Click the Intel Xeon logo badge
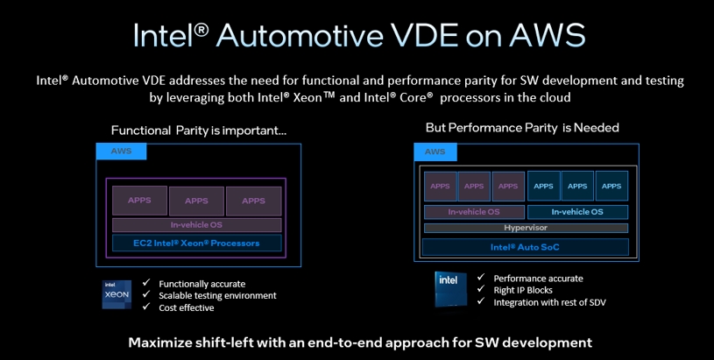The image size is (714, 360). [x=117, y=294]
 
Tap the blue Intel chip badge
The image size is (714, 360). [x=450, y=289]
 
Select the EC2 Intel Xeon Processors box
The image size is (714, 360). [x=197, y=243]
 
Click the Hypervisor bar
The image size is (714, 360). [x=526, y=228]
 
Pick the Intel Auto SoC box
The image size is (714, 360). [x=526, y=247]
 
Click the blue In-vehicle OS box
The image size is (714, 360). [x=577, y=212]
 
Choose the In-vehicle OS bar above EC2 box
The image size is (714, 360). [x=197, y=225]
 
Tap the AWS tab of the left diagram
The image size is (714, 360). [x=121, y=152]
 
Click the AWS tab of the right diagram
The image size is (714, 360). [x=435, y=152]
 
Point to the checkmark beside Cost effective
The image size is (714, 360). [x=146, y=307]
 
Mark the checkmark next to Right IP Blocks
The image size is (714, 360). [x=481, y=289]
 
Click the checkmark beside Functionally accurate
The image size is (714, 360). [x=146, y=283]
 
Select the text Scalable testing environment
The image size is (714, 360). [x=217, y=296]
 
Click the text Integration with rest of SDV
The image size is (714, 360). [x=549, y=302]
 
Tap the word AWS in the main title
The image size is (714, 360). [x=548, y=35]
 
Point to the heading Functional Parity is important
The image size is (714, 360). [x=199, y=131]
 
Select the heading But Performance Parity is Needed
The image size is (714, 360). [x=522, y=128]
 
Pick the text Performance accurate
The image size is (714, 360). [x=538, y=279]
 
